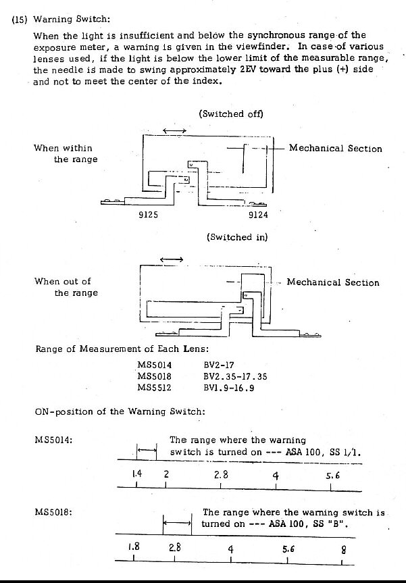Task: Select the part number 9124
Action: [257, 216]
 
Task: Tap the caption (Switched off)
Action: [231, 113]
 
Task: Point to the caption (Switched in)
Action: [237, 237]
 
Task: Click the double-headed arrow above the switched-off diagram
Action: [174, 130]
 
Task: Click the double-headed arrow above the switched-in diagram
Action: [170, 259]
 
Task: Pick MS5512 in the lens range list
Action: [155, 388]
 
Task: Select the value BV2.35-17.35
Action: [235, 377]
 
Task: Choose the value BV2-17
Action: [218, 365]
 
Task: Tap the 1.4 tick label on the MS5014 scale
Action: [137, 474]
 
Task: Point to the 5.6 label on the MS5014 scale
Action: [332, 475]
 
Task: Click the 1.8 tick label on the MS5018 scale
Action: [134, 547]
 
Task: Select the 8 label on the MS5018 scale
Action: [343, 547]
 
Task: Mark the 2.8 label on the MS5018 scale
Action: [174, 547]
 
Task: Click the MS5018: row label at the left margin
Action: [53, 513]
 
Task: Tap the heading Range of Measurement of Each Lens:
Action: [122, 349]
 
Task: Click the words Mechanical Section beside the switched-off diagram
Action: [335, 149]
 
